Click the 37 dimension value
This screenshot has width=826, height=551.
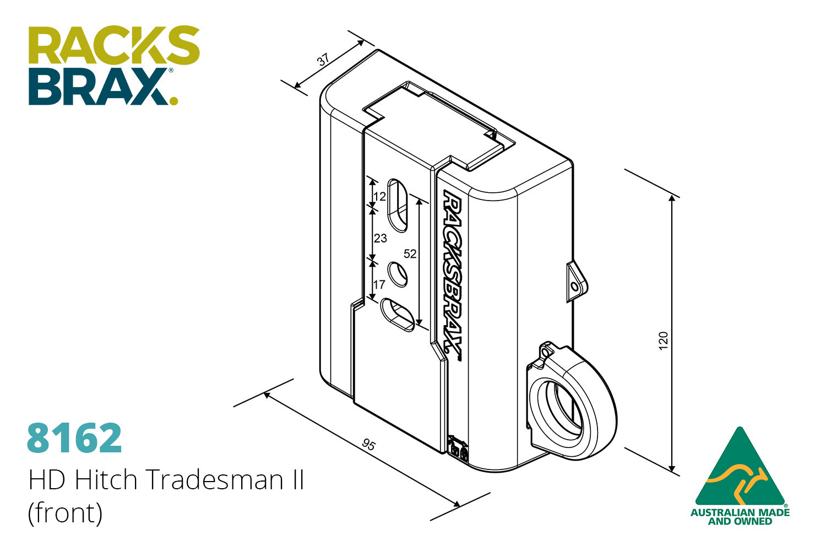(323, 60)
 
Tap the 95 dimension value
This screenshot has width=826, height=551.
(368, 444)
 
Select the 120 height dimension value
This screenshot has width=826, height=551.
(663, 341)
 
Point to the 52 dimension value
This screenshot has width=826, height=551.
(410, 253)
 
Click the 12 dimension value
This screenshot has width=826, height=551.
(380, 196)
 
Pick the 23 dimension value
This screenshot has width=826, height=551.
(381, 239)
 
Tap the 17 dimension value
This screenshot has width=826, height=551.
(379, 284)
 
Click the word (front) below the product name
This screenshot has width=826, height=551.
(66, 514)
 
